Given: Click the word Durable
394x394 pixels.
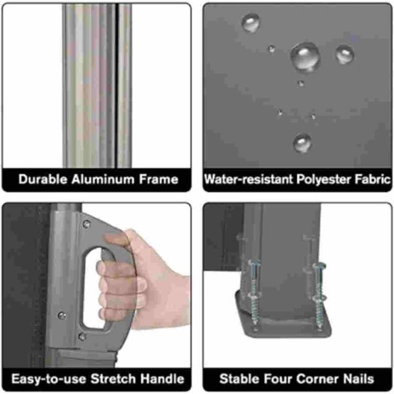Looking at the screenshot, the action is tap(43, 179).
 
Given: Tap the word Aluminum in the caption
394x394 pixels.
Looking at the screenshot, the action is tap(103, 179).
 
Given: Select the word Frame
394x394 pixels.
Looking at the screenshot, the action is tap(159, 179).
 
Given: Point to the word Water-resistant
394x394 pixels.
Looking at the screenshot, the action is tap(249, 179).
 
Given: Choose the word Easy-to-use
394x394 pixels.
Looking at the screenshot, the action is tap(49, 379).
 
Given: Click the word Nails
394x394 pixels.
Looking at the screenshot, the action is tap(358, 379).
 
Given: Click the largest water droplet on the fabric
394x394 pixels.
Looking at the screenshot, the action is tap(305, 57).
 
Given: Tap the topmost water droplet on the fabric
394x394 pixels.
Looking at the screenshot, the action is tap(251, 22).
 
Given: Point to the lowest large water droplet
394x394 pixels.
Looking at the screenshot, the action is tap(302, 143).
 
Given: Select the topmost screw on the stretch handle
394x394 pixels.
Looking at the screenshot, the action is tap(86, 223).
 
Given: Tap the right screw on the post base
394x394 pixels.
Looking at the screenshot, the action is tap(319, 296).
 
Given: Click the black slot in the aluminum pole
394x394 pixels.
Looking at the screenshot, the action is tap(116, 86).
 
